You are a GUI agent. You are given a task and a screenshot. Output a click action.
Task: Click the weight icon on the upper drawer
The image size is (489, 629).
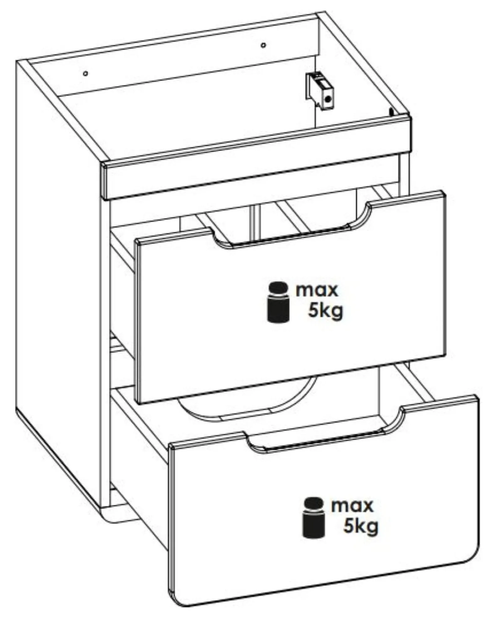pyautogui.click(x=278, y=302)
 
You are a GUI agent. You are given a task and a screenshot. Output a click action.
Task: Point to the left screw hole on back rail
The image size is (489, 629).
pyautogui.click(x=86, y=73)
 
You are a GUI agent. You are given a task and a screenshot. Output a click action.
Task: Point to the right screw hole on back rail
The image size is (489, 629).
pyautogui.click(x=263, y=45)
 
